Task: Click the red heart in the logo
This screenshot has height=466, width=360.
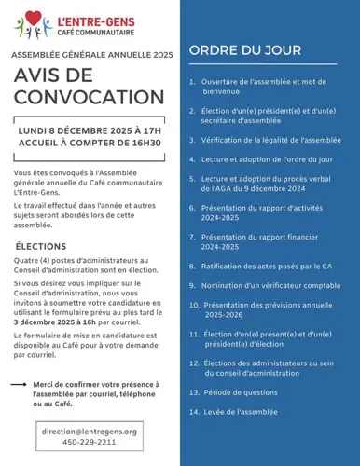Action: click(33, 17)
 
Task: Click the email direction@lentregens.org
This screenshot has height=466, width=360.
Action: click(90, 431)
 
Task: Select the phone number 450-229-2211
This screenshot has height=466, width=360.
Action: click(90, 443)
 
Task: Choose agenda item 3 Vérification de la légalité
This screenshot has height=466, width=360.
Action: click(270, 139)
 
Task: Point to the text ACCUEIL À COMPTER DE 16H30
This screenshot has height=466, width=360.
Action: click(90, 145)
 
